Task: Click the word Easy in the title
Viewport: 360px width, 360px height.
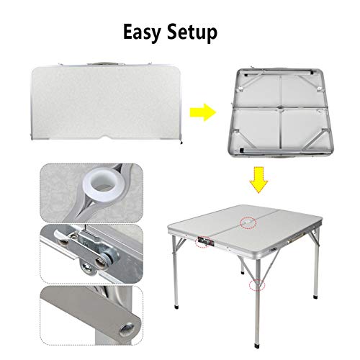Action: point(142,33)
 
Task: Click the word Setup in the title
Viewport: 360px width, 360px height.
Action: point(192,33)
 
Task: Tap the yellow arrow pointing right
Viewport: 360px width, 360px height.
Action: point(203,112)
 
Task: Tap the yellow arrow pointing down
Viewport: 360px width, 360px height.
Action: point(258,180)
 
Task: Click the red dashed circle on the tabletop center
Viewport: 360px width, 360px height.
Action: point(248,222)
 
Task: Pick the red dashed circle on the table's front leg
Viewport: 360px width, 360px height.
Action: point(257,285)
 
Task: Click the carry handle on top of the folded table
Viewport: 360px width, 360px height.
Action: point(104,63)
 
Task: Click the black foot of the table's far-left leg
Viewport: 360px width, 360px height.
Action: point(177,307)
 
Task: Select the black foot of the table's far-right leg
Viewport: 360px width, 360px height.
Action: point(316,297)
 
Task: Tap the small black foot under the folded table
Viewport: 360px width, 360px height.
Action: point(181,143)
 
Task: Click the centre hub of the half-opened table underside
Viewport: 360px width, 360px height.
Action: point(280,108)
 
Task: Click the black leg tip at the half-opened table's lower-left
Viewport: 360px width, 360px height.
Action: point(241,150)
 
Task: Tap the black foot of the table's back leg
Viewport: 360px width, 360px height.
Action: point(243,273)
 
